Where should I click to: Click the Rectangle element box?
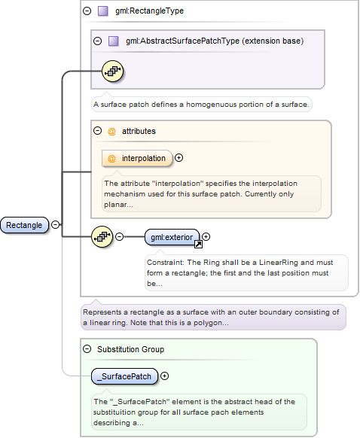pyautogui.click(x=25, y=225)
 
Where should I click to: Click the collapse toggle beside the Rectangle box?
pyautogui.click(x=56, y=224)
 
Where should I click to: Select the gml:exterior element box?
pyautogui.click(x=172, y=237)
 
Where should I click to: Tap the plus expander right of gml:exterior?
pyautogui.click(x=206, y=237)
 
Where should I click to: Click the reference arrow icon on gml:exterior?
pyautogui.click(x=198, y=244)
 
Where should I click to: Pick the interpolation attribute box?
pyautogui.click(x=137, y=158)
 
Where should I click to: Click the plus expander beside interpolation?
pyautogui.click(x=179, y=158)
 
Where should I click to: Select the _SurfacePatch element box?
pyautogui.click(x=125, y=376)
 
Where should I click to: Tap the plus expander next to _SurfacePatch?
pyautogui.click(x=165, y=376)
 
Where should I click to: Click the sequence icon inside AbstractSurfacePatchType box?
pyautogui.click(x=112, y=71)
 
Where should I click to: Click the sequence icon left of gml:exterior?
pyautogui.click(x=102, y=237)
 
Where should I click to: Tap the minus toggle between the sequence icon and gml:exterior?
pyautogui.click(x=120, y=237)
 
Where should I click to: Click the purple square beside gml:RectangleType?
pyautogui.click(x=103, y=11)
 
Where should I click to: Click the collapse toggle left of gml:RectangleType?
pyautogui.click(x=87, y=11)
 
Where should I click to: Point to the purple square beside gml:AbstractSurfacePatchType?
pyautogui.click(x=113, y=41)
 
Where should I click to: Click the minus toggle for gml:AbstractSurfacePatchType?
pyautogui.click(x=98, y=41)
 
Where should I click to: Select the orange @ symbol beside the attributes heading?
pyautogui.click(x=111, y=131)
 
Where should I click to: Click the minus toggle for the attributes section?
pyautogui.click(x=98, y=130)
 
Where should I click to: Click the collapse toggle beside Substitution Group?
pyautogui.click(x=87, y=349)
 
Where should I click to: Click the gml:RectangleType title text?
pyautogui.click(x=150, y=11)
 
